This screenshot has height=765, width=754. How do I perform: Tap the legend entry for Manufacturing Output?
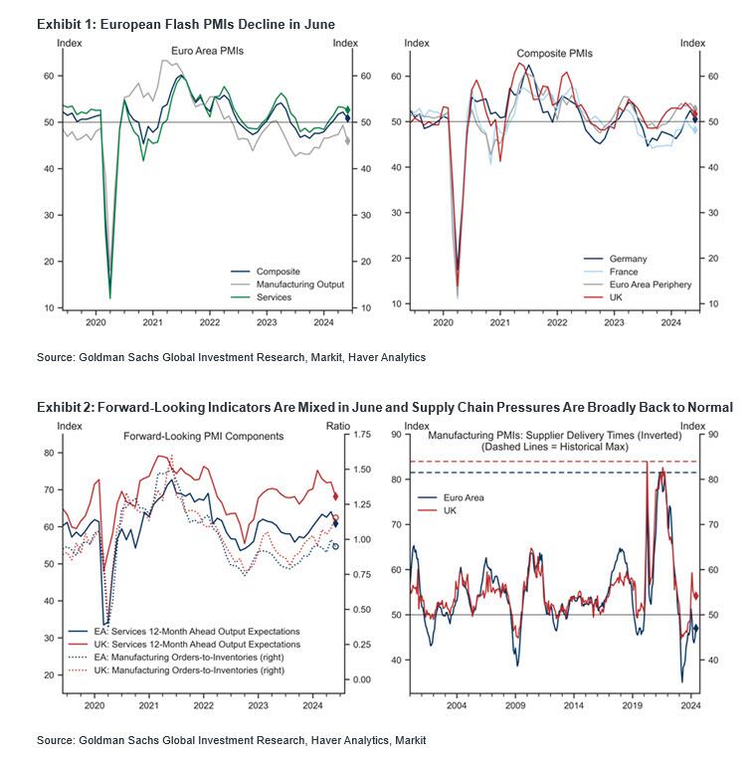(x=299, y=284)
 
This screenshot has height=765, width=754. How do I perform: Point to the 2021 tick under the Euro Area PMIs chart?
(x=152, y=323)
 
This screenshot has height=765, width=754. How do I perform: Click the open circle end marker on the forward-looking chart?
(x=335, y=546)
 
